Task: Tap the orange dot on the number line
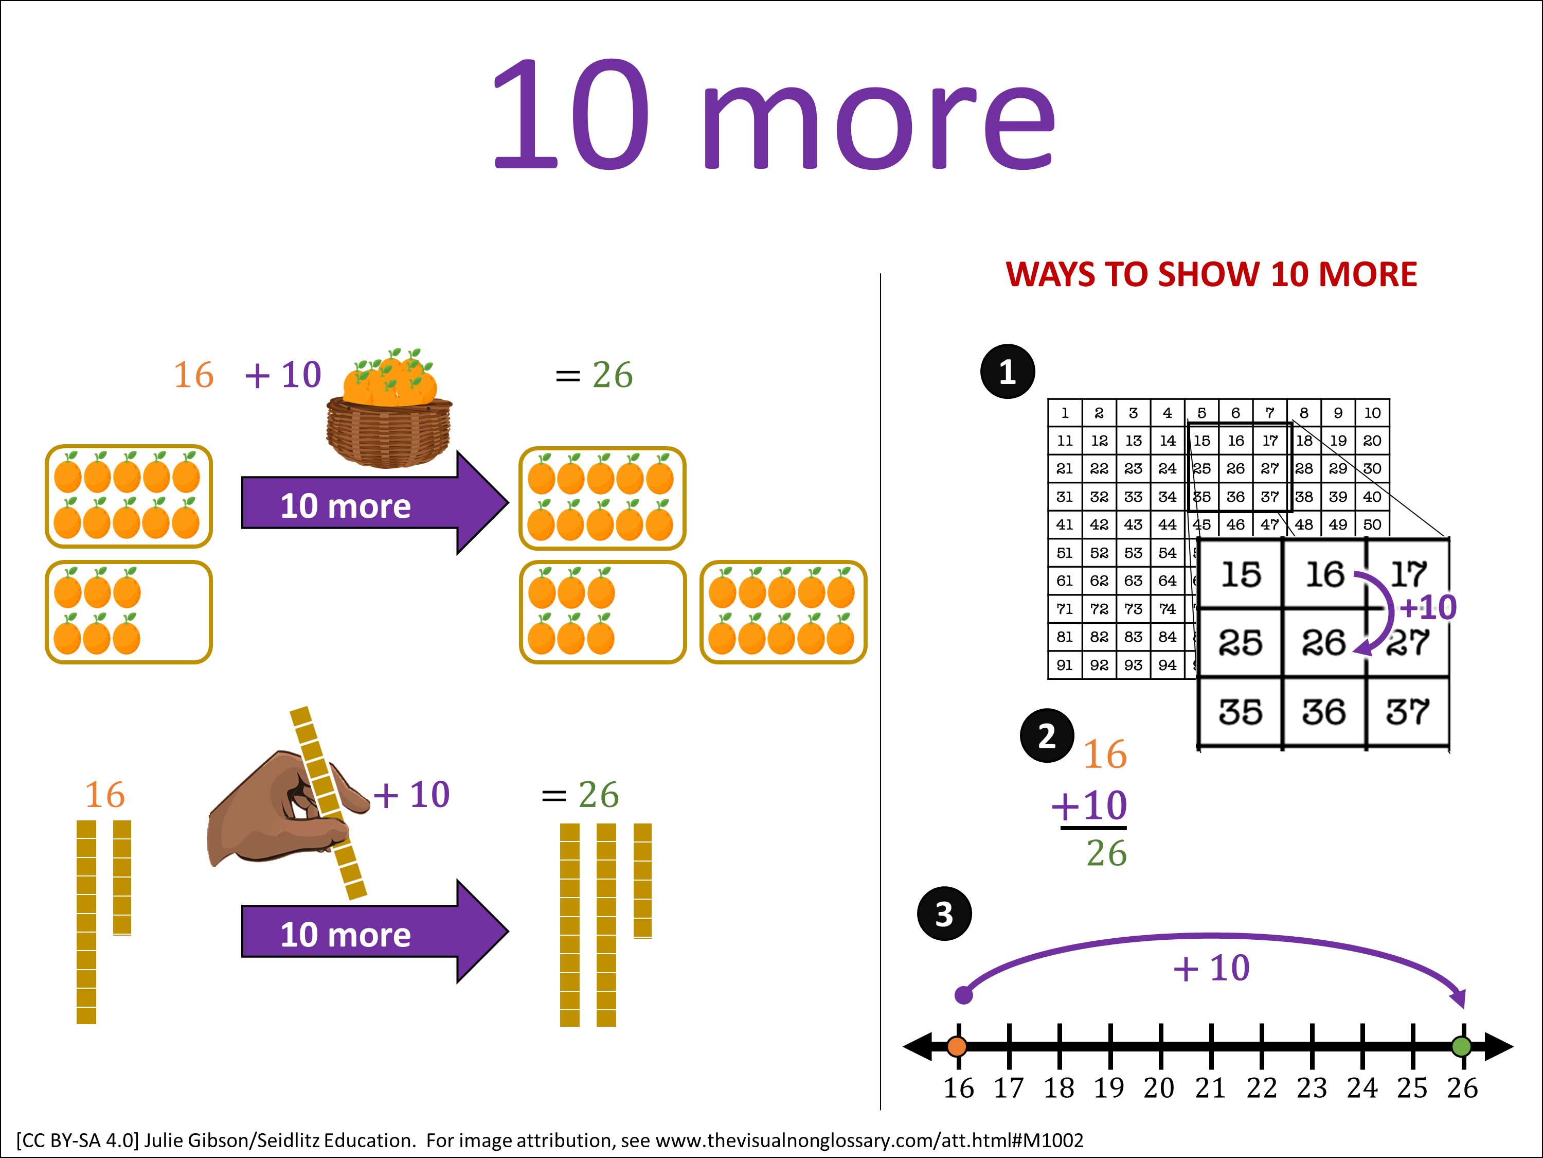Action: pyautogui.click(x=957, y=1046)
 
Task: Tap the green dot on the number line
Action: pyautogui.click(x=1461, y=1046)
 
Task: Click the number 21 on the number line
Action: pyautogui.click(x=1210, y=1088)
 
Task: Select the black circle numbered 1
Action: pyautogui.click(x=1007, y=372)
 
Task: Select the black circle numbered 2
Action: pyautogui.click(x=1046, y=735)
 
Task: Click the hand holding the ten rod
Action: pyautogui.click(x=279, y=810)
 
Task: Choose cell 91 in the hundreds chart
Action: pyautogui.click(x=1065, y=665)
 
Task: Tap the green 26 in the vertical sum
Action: pyautogui.click(x=1106, y=853)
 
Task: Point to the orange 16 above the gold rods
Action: pyautogui.click(x=104, y=794)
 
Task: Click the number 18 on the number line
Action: pyautogui.click(x=1059, y=1088)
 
